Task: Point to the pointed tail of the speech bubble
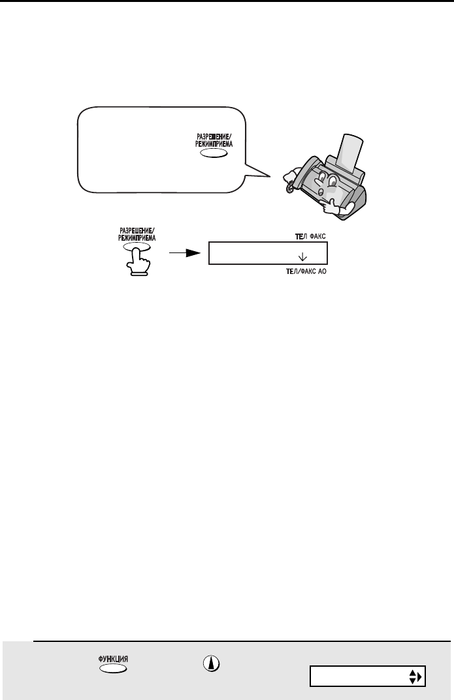270,177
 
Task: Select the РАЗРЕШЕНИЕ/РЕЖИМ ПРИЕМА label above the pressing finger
137,235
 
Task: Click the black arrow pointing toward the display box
184,253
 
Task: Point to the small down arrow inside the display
302,256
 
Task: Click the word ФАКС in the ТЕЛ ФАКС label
317,236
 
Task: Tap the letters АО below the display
322,271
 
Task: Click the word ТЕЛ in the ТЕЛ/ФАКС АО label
291,271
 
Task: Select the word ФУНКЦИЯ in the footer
113,659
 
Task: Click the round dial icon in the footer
212,664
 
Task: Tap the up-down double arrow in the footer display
412,677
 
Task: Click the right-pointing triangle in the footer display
419,677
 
